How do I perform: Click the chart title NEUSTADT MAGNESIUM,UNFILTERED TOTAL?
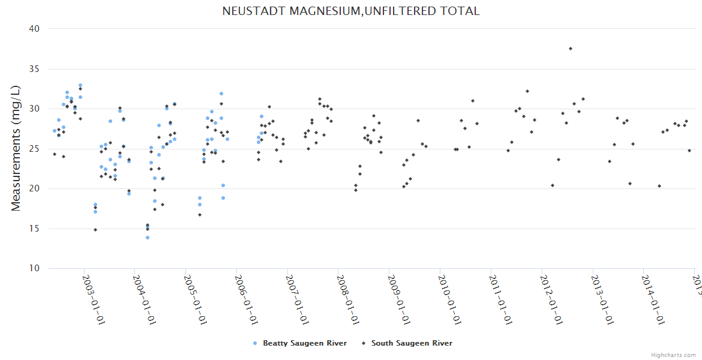351,11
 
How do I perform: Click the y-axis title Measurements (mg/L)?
16,148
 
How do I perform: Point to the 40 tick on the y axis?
34,29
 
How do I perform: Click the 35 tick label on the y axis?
34,69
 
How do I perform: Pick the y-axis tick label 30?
34,109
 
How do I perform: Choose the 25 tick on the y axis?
34,149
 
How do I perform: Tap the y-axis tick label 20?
34,188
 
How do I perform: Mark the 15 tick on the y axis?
34,229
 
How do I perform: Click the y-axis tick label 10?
34,268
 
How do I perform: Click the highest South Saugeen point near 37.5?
571,49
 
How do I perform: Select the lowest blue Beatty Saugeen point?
147,238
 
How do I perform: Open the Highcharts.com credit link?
673,355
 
